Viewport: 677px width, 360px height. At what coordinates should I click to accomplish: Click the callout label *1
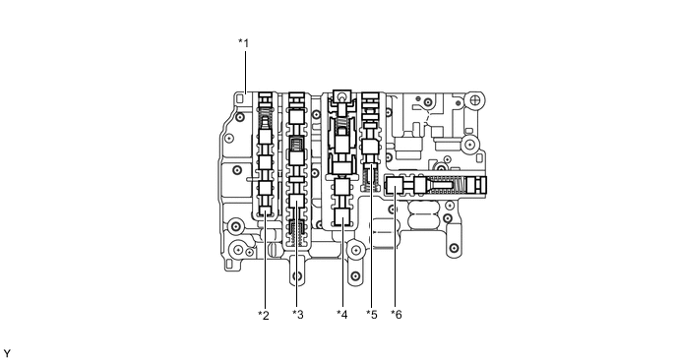tap(243, 42)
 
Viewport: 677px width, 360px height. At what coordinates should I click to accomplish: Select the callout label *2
tap(263, 315)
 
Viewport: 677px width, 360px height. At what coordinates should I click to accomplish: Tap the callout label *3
tap(298, 315)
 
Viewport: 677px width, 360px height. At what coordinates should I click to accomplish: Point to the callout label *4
tap(341, 315)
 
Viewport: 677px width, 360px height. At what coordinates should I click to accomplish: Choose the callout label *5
tap(371, 315)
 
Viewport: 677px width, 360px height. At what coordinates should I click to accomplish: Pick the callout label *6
tap(396, 315)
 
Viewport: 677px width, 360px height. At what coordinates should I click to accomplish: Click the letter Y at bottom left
tap(7, 351)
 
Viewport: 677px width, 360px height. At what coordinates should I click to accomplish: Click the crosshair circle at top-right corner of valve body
tap(475, 100)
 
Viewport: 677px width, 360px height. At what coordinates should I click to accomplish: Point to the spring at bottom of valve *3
tap(297, 234)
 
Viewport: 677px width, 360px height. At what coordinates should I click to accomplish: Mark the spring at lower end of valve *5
tap(371, 178)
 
